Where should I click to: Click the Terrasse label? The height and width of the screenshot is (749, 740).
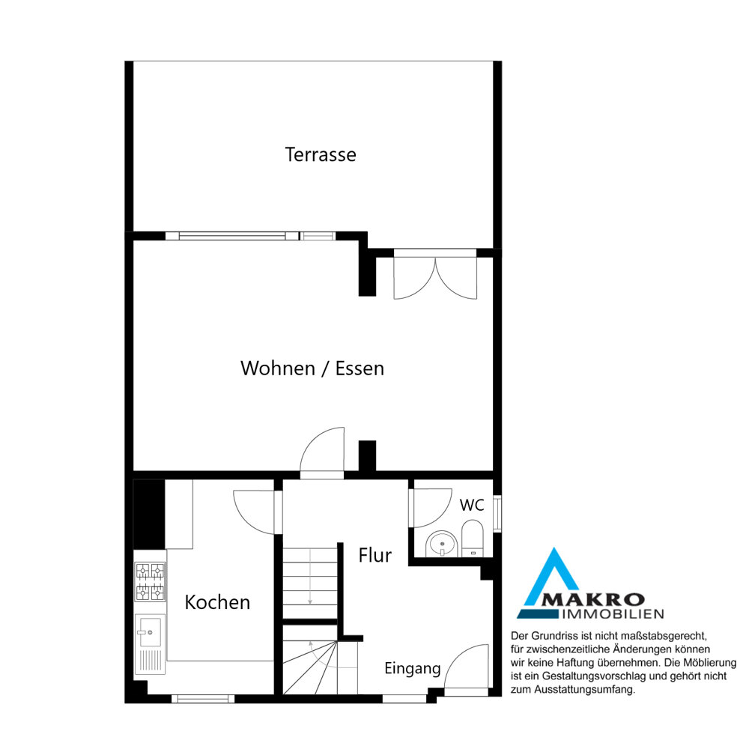click(321, 155)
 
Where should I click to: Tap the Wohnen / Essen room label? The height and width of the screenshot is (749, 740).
click(312, 369)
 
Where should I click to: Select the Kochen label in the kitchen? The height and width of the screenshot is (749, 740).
click(217, 602)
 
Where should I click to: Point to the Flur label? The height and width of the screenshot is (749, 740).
click(375, 556)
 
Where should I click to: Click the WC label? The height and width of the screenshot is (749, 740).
click(472, 506)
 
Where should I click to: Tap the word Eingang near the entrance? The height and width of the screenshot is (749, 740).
click(412, 669)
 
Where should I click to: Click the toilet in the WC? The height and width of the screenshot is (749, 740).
click(473, 539)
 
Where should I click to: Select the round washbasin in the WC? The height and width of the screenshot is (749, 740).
click(442, 544)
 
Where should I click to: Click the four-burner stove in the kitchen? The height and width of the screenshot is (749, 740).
click(151, 582)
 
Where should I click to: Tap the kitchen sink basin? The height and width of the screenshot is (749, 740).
click(150, 631)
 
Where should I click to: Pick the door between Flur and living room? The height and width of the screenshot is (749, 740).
click(322, 452)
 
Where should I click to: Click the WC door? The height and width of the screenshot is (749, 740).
click(431, 507)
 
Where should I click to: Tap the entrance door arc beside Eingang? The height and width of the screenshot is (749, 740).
click(467, 667)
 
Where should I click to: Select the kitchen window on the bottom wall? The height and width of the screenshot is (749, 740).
click(203, 699)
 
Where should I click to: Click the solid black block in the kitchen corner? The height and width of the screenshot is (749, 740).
click(149, 514)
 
